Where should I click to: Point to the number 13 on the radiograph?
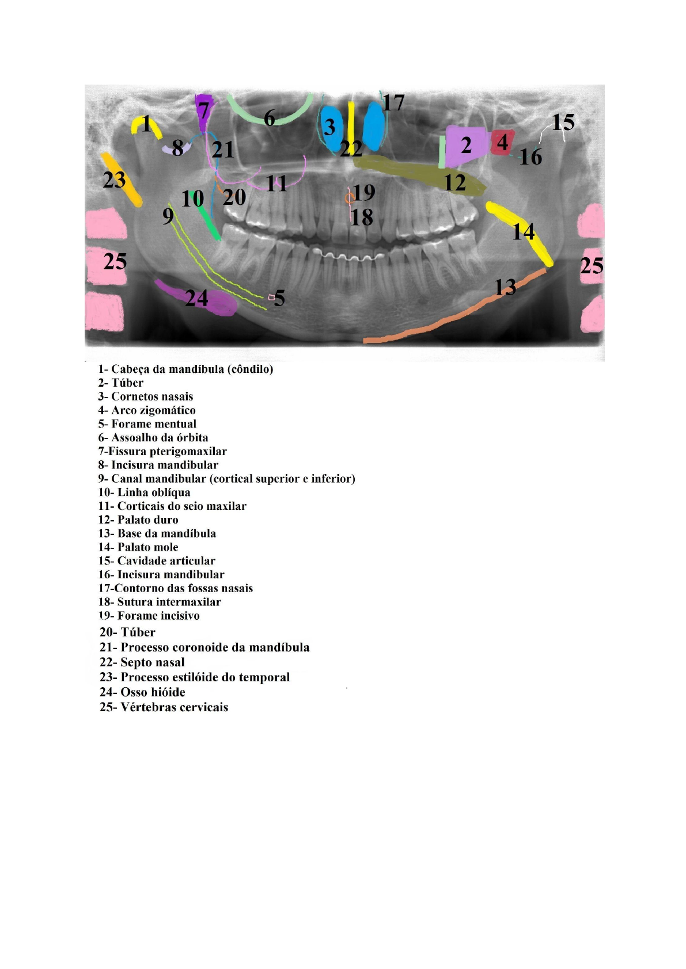click(x=505, y=287)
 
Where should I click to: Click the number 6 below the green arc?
click(x=270, y=118)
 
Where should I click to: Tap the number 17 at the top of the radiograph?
click(x=393, y=103)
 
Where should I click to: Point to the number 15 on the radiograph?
click(x=563, y=122)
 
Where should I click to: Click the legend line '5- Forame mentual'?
click(x=147, y=424)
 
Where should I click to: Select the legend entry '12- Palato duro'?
click(x=138, y=520)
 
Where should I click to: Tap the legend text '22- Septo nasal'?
click(x=142, y=662)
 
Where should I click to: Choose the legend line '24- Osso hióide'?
click(x=142, y=692)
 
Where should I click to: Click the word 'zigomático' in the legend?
click(x=167, y=410)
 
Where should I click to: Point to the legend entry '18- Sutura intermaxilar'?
click(x=160, y=602)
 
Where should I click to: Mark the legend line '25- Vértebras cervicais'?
click(x=164, y=707)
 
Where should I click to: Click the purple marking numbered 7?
click(x=203, y=112)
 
